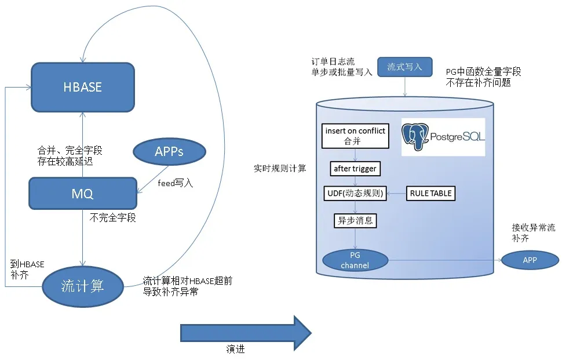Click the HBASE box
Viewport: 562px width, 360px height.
83,87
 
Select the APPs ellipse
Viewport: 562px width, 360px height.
169,151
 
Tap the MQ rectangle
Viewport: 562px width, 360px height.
83,193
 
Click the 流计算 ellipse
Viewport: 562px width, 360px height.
83,286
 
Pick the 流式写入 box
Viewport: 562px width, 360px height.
405,67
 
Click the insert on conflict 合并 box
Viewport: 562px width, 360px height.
355,136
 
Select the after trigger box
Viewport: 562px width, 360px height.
355,169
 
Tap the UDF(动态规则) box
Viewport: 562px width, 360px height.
355,193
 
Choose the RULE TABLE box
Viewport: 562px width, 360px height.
431,193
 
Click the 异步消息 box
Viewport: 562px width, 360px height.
355,220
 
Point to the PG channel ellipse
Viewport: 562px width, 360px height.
355,260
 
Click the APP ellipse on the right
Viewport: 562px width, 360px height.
530,260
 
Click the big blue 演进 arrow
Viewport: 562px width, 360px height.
246,333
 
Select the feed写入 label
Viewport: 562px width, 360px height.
176,183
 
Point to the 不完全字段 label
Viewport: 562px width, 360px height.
113,217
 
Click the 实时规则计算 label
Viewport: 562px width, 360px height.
280,168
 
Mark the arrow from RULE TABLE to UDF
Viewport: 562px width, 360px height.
396,193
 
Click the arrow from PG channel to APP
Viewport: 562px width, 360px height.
445,260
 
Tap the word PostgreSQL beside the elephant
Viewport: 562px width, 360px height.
458,136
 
